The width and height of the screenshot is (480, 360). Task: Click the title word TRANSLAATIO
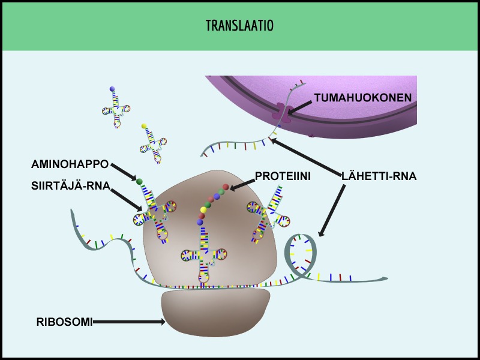[x=239, y=25]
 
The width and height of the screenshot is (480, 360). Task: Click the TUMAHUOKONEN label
[x=363, y=97]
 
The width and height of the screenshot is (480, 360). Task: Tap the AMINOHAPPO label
[x=70, y=164]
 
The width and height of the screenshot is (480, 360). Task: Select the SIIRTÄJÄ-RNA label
[x=71, y=185]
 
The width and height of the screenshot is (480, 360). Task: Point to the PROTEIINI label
[x=283, y=176]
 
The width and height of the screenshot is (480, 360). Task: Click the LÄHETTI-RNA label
[x=379, y=176]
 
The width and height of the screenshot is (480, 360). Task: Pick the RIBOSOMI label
[x=64, y=322]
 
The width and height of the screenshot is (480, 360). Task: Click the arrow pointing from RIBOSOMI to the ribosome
[x=129, y=322]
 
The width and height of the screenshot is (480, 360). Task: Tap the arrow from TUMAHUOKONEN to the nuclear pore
[x=299, y=107]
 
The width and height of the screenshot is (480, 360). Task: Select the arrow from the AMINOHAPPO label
[x=124, y=172]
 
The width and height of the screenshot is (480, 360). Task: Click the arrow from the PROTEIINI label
[x=242, y=185]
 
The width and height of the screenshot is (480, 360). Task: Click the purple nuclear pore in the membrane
[x=281, y=113]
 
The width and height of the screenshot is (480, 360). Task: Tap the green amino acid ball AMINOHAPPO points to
[x=140, y=181]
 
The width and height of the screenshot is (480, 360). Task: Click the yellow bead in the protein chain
[x=203, y=209]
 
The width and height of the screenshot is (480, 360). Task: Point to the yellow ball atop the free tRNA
[x=144, y=126]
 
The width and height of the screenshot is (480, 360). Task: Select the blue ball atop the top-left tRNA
[x=112, y=89]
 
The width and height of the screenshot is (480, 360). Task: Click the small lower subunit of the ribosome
[x=215, y=312]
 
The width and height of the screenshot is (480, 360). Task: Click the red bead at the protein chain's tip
[x=226, y=187]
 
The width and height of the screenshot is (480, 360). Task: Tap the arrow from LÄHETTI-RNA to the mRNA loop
[x=332, y=211]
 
